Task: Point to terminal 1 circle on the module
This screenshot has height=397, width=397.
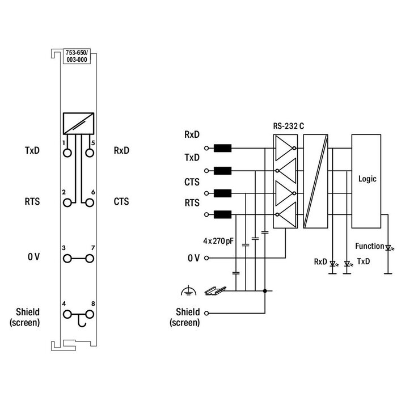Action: [68, 153]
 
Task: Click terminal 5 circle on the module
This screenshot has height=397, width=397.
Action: [89, 153]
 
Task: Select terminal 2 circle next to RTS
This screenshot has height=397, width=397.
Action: [68, 202]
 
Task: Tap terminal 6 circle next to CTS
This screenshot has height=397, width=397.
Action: [89, 202]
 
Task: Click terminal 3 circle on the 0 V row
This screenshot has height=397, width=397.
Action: [68, 258]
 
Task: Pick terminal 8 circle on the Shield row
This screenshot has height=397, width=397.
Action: [89, 314]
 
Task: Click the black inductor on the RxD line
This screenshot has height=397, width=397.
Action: [223, 149]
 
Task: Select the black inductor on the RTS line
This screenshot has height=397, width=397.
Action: [223, 214]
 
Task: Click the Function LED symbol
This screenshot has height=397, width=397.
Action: [388, 247]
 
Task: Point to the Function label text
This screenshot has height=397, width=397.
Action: [369, 246]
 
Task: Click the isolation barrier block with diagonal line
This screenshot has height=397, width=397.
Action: [316, 181]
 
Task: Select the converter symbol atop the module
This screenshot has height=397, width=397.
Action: [78, 122]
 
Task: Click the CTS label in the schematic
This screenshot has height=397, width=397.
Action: [191, 183]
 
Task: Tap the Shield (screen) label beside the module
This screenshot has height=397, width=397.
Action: [25, 318]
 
